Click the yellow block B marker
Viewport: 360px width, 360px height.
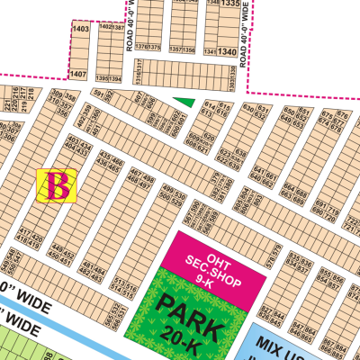click(58, 185)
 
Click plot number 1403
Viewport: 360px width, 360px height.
click(80, 30)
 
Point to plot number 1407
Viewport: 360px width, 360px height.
click(80, 73)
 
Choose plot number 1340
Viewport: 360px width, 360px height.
click(227, 51)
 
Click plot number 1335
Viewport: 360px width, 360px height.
click(231, 4)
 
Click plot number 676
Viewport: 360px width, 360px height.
click(342, 114)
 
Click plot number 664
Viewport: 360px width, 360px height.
click(290, 187)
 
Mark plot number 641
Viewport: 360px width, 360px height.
click(258, 169)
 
